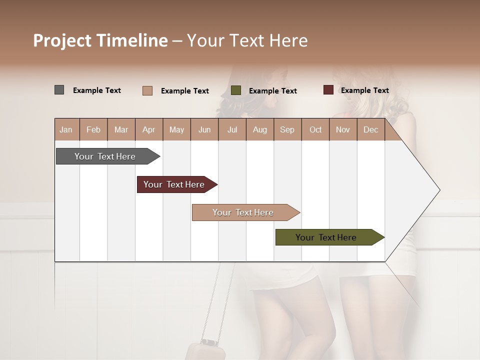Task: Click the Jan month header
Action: tap(66, 129)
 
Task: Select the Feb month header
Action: tap(93, 129)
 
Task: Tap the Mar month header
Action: tap(121, 129)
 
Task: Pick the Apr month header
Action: tap(149, 129)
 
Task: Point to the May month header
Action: tap(176, 129)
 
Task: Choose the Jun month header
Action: tap(204, 129)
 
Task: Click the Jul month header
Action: tap(232, 129)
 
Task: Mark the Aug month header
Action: tap(260, 129)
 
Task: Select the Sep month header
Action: tap(287, 129)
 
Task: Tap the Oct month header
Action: tap(315, 129)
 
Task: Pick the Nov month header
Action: tap(343, 129)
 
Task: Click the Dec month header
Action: tap(371, 129)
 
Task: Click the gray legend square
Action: tap(59, 90)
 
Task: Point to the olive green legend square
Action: tap(236, 90)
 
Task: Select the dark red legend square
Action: tap(328, 90)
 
